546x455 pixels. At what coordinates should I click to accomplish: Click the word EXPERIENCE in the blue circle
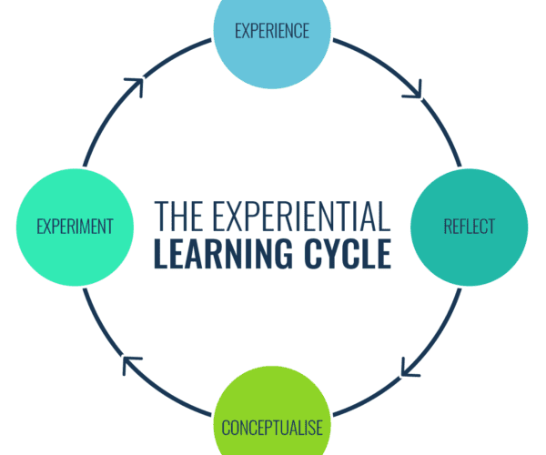272,31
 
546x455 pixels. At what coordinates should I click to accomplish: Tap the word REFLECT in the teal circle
469,227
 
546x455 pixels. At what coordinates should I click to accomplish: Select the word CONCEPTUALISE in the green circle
272,428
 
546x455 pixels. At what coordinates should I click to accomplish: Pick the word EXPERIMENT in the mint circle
75,227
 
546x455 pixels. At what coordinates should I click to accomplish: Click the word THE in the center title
179,217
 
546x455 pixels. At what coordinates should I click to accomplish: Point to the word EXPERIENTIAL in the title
301,217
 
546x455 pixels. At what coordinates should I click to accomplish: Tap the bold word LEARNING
223,254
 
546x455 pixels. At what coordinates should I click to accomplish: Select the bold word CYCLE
348,254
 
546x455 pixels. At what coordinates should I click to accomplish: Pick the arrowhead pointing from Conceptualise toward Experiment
131,365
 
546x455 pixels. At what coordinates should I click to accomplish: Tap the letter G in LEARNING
282,254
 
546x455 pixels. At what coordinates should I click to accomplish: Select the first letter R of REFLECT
447,227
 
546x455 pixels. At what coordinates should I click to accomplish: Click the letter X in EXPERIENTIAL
232,217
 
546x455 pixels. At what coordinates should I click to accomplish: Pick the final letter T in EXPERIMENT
110,227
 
